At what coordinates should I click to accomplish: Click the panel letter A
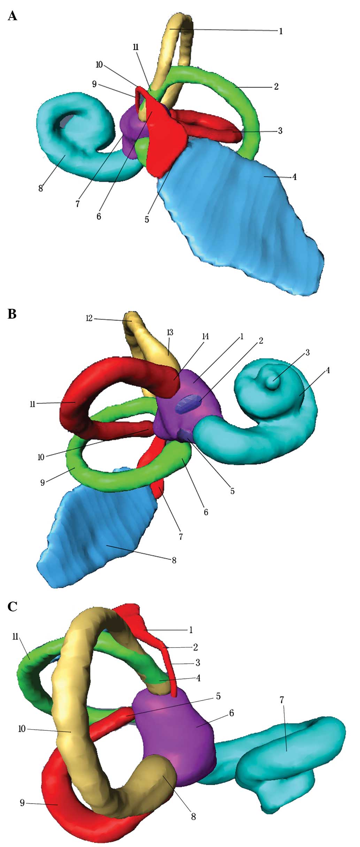tap(12, 16)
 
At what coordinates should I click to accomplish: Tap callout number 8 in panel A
tap(41, 189)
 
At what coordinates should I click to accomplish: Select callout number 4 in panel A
tap(294, 177)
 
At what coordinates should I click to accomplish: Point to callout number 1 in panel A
tap(281, 31)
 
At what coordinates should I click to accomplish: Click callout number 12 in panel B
tap(90, 318)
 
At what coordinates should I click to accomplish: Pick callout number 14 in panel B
tap(206, 337)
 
